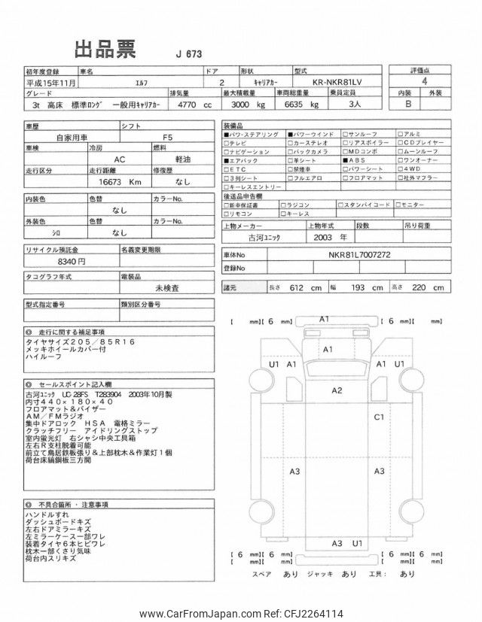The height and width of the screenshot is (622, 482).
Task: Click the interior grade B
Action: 407,105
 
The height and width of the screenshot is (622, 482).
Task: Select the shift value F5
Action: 167,138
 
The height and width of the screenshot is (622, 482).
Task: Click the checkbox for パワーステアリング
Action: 227,133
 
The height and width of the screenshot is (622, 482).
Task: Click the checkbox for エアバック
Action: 227,160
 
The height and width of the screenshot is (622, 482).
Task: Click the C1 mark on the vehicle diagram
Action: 379,416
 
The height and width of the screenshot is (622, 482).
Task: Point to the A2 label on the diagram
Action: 337,390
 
